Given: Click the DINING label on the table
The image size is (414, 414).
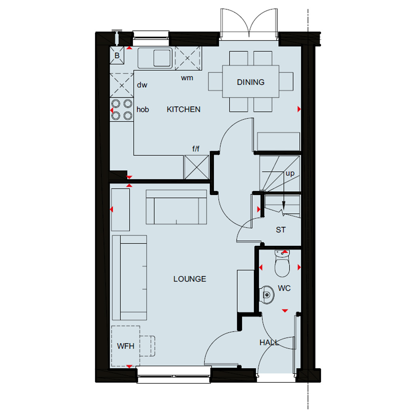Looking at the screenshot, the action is point(251,82).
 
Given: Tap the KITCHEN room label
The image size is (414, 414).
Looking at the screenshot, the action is point(184,109).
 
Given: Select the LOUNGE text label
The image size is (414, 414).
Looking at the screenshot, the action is point(190,279).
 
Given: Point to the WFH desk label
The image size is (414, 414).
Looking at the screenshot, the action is point(125,346).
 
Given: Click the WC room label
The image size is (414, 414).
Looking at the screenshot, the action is point(284,288).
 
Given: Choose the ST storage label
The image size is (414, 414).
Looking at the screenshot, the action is point(281,230).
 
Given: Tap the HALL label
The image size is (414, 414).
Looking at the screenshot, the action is point(269,342).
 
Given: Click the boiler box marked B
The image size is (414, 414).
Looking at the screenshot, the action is point(117,55).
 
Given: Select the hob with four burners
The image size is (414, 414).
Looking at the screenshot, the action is point(122,110).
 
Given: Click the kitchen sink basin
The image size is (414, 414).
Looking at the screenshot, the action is point(162,58).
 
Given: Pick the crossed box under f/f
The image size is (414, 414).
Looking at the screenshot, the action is point(196,167).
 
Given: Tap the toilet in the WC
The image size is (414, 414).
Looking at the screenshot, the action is point(282,263).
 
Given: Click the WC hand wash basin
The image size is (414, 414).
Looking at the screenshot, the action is point(267,294).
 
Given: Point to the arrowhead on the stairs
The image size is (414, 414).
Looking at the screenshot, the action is point(284,205).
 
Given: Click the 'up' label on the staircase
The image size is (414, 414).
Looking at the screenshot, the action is point(290,173).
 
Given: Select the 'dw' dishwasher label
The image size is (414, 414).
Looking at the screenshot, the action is point(142,85).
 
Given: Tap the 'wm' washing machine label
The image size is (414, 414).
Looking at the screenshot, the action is point(187,78).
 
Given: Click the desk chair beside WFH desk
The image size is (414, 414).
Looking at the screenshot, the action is point(147,346).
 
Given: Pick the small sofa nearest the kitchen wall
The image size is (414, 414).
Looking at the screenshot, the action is point(176,207).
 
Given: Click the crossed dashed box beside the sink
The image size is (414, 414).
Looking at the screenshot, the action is point(187,58).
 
